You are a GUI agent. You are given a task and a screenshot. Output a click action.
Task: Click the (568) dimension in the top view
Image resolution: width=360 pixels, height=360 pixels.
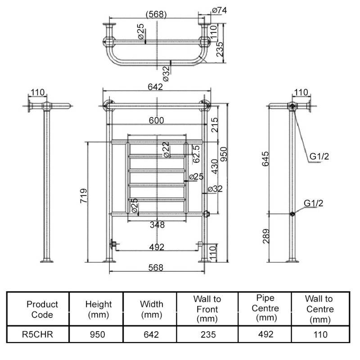pos(156,14)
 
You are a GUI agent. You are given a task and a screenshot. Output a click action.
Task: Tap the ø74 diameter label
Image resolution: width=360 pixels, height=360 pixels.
pos(219,10)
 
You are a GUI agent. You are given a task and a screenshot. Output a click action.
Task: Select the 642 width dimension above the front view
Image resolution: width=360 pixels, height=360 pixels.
pos(155,87)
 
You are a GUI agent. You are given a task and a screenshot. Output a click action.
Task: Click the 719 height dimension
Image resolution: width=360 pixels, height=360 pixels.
pos(84,196)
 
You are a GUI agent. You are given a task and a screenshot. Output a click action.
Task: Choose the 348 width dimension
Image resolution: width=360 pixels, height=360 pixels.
pos(157,225)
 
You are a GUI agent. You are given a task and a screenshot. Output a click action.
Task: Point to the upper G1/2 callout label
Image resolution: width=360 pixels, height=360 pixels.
pos(319,157)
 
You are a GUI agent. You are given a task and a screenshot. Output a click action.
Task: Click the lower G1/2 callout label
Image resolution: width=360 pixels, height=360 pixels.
pos(313,203)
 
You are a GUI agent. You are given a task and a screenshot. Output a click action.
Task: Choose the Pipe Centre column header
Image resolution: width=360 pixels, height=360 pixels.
pos(265,309)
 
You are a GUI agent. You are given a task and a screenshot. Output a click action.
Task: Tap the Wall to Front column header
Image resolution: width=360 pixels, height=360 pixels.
pos(207,309)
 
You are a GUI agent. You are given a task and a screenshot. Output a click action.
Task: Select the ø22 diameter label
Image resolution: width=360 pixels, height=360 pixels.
pos(166,149)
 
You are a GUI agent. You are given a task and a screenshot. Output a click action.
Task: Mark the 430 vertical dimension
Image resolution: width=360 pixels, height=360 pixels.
pos(215,166)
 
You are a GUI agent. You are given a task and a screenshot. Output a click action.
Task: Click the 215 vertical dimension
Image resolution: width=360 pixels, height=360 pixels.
pos(215,125)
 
